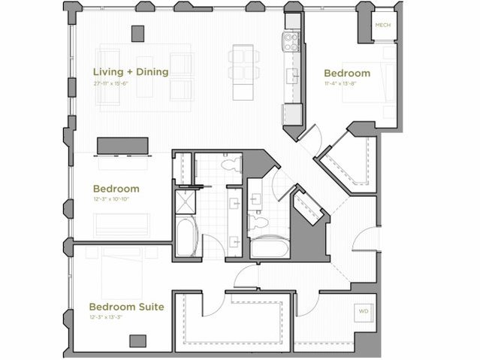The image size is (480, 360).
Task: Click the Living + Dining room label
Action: [130, 72]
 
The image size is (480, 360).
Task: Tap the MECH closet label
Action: [383, 25]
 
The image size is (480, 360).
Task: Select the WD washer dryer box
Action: [363, 310]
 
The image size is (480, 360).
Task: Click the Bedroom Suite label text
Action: [126, 307]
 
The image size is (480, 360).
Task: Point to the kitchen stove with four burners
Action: [291, 41]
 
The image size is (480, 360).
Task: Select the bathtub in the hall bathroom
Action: [270, 247]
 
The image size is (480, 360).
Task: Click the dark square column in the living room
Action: [137, 33]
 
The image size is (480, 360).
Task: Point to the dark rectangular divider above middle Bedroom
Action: [122, 145]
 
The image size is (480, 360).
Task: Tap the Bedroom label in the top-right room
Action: [346, 73]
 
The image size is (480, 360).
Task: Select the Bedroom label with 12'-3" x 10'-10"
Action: [116, 188]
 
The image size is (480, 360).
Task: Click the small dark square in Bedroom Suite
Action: [137, 340]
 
